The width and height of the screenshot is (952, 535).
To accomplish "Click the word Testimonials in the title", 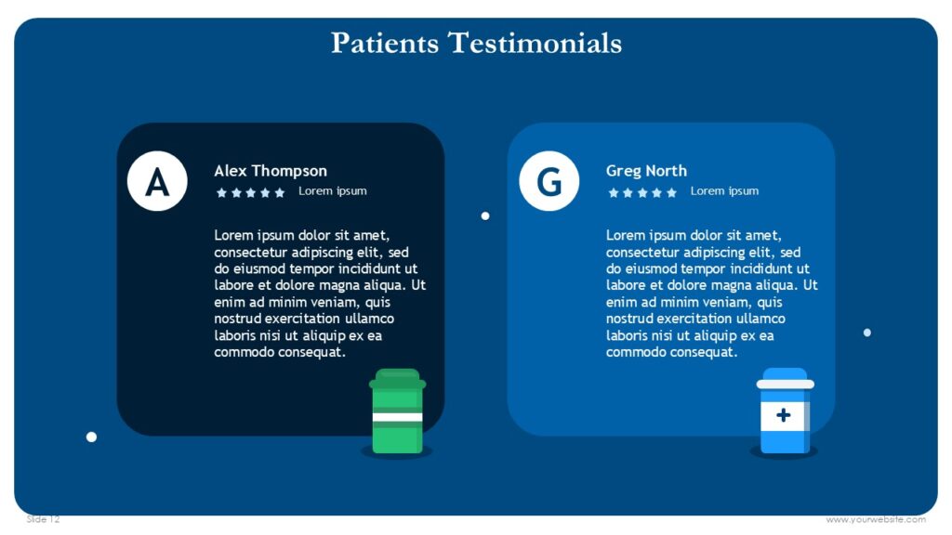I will (535, 43).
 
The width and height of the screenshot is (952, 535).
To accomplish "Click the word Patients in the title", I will (385, 43).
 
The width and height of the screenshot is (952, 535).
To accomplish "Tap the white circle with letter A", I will (157, 181).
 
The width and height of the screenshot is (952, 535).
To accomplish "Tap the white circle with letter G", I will (549, 181).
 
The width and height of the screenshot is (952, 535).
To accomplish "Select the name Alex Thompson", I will (271, 171).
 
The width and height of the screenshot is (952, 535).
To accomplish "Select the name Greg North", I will (646, 171).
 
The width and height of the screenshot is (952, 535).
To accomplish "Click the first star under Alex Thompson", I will (221, 192).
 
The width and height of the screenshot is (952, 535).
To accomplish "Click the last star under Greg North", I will (671, 192).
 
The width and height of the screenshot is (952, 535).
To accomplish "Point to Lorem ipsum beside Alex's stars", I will (332, 191).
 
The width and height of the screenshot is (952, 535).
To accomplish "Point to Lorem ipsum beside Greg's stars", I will (724, 191).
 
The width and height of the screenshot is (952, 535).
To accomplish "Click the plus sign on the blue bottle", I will (783, 415).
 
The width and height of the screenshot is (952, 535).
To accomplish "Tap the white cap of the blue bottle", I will (785, 384).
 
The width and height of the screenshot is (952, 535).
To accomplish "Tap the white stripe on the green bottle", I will (397, 417).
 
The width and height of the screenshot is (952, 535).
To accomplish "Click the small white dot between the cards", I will (484, 215).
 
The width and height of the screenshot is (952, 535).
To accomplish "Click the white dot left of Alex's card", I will (91, 437).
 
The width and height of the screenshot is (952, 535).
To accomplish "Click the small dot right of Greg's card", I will (866, 333).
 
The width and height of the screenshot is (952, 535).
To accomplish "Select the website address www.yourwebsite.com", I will (876, 519).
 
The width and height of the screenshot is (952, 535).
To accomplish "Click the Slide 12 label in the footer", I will (43, 519).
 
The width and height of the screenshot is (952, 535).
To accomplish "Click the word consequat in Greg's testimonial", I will (705, 353).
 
